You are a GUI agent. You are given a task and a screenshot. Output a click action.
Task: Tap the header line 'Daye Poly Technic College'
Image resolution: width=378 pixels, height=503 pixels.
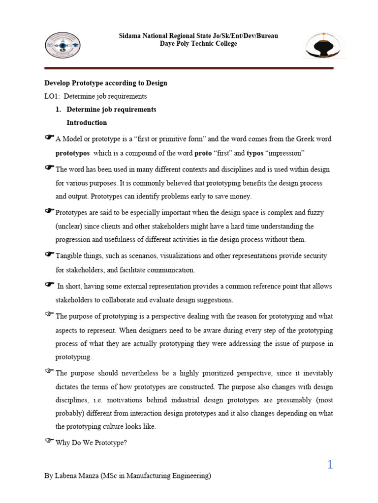point(199,44)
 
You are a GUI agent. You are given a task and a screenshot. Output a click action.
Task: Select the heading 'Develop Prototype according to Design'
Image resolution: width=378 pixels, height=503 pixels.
point(106,83)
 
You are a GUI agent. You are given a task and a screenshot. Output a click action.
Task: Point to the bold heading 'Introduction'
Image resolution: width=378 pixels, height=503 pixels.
point(87,122)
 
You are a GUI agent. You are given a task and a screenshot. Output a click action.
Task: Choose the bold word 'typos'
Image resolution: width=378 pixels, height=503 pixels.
point(255,153)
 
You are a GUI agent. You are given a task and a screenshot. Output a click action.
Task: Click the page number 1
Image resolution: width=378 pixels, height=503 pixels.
point(330,464)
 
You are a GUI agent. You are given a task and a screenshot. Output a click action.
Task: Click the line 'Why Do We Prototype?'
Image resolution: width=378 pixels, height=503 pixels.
point(91,443)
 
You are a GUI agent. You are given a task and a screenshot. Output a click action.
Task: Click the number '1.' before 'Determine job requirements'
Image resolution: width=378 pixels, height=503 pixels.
point(59,110)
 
